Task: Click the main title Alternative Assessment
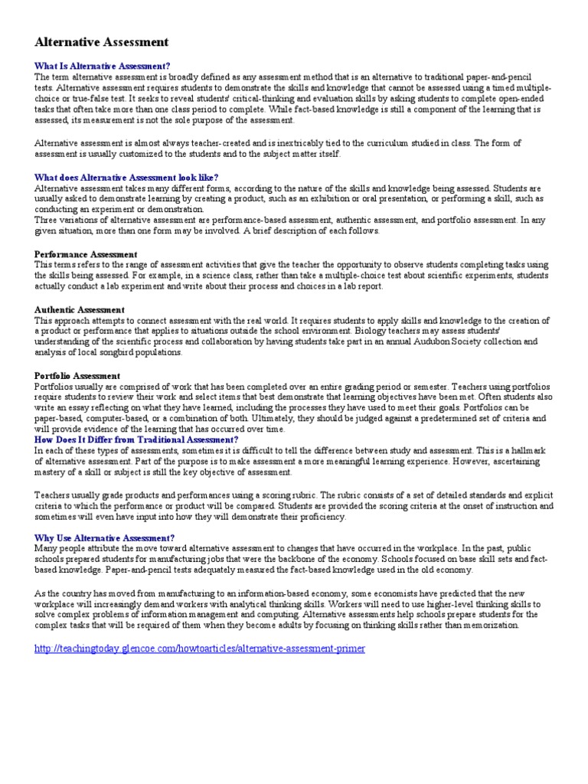click(102, 42)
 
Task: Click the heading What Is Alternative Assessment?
click(103, 66)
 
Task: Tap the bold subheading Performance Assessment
click(86, 254)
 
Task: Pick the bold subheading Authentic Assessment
click(80, 310)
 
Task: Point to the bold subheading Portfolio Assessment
click(77, 376)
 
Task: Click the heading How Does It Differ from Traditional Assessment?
click(136, 441)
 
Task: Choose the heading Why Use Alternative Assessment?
click(105, 538)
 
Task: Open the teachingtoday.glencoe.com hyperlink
click(200, 648)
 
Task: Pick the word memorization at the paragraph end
click(491, 626)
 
